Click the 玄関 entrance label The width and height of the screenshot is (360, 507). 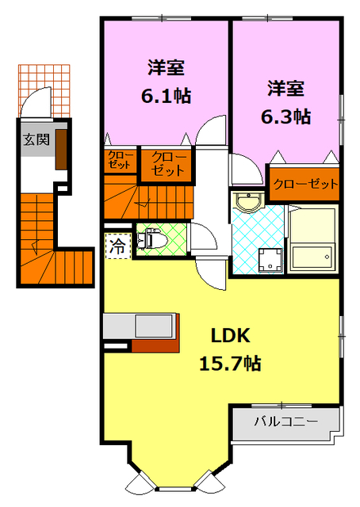coord(34,140)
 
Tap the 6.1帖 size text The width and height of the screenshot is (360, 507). coord(166,96)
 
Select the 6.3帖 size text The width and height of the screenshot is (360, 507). coord(285,116)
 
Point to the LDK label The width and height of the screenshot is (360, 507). coord(231,335)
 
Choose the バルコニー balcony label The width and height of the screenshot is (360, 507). coord(285,421)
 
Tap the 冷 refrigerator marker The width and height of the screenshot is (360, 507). coord(117,246)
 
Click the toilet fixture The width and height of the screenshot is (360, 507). coord(154,236)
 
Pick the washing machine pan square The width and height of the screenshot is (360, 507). coord(267,257)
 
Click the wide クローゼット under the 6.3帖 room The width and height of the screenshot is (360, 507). coord(305,184)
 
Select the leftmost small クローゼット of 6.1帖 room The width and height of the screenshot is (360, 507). coord(121,161)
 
